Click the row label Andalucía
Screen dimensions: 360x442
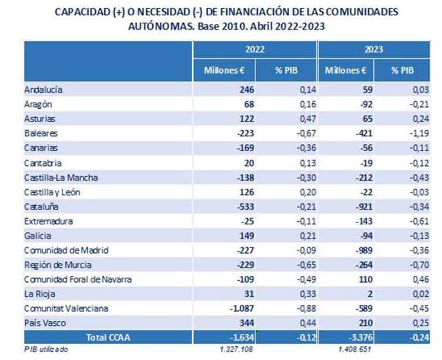click(44, 90)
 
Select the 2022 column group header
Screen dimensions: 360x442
click(254, 50)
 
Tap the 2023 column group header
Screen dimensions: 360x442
click(376, 50)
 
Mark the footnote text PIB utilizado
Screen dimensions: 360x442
click(46, 349)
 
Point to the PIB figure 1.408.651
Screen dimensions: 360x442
click(357, 349)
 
